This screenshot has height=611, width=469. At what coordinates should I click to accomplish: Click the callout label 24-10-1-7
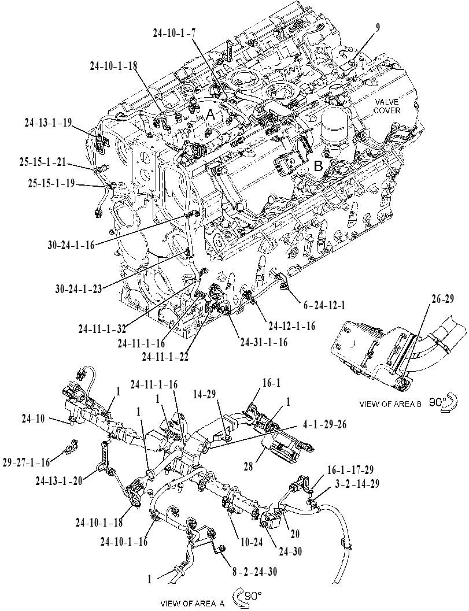[x=174, y=34]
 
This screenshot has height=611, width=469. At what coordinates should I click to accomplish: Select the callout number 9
[x=378, y=27]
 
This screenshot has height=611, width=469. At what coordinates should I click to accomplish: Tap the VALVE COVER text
[x=387, y=106]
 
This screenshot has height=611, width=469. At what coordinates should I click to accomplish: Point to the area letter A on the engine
[x=210, y=116]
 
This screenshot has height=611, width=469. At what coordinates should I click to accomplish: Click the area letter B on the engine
[x=319, y=167]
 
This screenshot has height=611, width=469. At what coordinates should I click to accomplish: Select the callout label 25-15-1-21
[x=43, y=162]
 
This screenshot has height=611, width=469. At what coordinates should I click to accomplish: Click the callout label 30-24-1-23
[x=79, y=289]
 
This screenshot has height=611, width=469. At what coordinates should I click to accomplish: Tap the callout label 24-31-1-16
[x=264, y=342]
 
